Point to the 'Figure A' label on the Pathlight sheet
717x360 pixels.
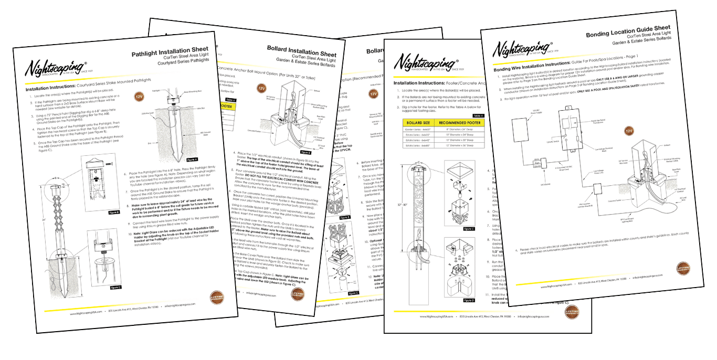192,159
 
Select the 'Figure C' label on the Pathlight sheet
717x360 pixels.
116,288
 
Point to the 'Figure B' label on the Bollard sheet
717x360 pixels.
344,217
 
